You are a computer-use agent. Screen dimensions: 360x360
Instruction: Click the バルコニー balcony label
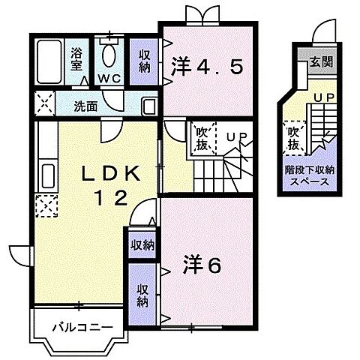[82, 328]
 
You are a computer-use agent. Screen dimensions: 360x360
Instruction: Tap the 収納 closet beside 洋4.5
[145, 62]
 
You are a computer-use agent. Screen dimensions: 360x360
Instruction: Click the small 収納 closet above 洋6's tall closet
[142, 244]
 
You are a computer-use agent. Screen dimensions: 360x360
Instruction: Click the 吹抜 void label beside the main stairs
[202, 138]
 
